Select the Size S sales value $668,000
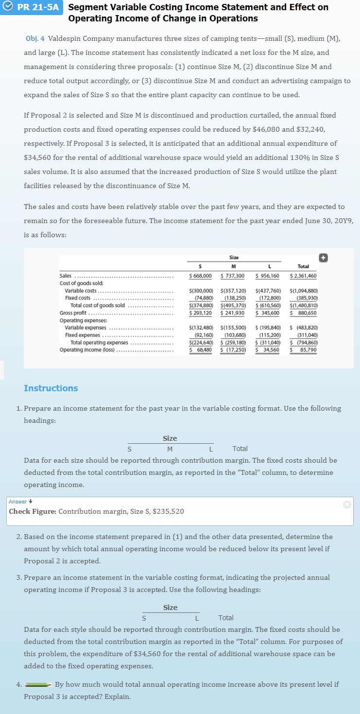[x=200, y=276]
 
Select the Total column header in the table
[x=303, y=266]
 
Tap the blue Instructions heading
[x=51, y=388]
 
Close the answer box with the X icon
[x=346, y=505]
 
